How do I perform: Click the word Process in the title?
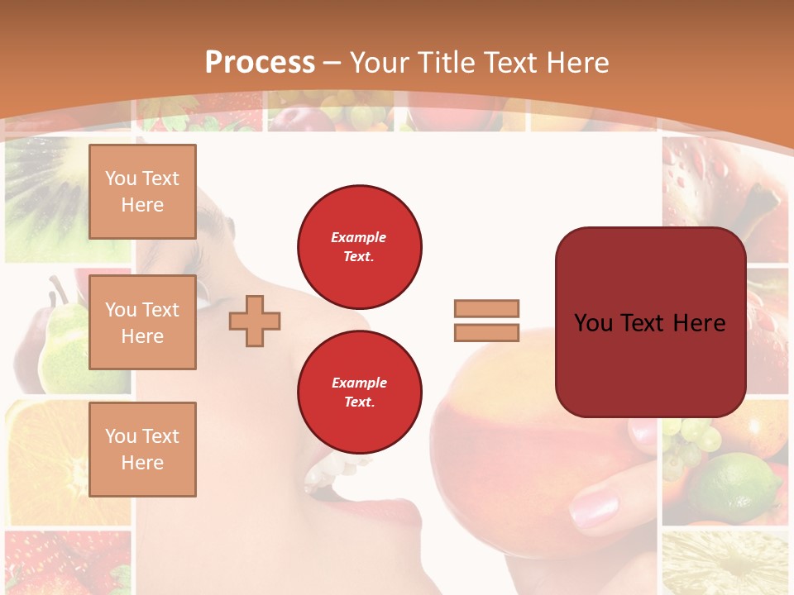click(260, 63)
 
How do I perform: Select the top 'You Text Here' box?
click(142, 192)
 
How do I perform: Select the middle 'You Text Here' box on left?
click(142, 322)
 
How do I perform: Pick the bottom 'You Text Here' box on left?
click(142, 450)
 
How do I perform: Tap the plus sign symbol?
click(255, 321)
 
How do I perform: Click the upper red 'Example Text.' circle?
click(360, 246)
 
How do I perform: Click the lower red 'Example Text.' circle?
click(360, 392)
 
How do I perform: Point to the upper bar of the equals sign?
click(487, 309)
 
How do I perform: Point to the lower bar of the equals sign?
click(487, 332)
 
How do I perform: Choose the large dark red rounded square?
click(650, 322)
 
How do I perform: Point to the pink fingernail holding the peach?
click(593, 507)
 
